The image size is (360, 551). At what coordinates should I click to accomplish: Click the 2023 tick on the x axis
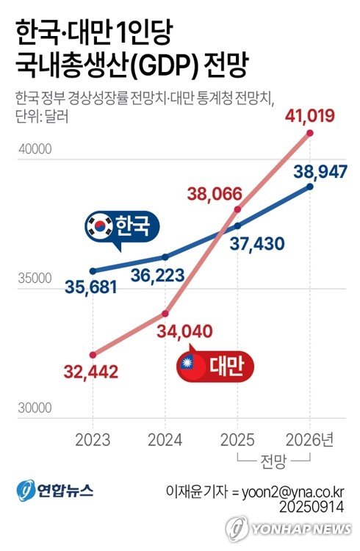[x=93, y=440]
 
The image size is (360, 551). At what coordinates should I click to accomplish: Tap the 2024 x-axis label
[x=165, y=440]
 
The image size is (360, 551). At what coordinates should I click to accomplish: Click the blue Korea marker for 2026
[x=310, y=187]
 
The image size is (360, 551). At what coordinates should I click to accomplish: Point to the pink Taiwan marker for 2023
[x=93, y=354]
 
